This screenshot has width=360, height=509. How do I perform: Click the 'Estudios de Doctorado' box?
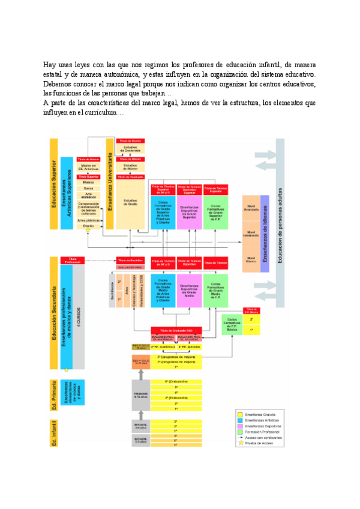[130, 148]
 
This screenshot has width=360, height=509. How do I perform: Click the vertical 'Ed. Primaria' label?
[54, 395]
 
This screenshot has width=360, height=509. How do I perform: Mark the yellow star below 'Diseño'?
[88, 230]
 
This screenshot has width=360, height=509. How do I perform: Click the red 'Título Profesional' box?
[73, 260]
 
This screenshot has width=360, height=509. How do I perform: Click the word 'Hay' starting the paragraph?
[50, 64]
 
